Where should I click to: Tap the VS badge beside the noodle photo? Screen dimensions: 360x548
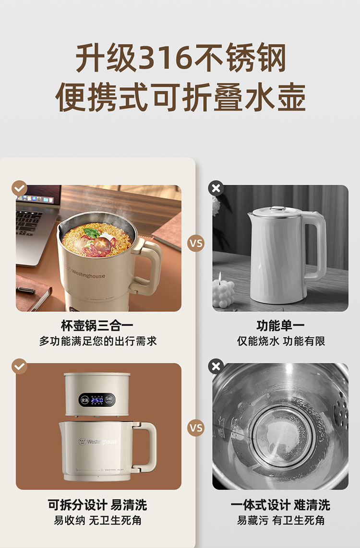pos(196,243)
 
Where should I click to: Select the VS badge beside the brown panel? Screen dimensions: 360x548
pos(196,428)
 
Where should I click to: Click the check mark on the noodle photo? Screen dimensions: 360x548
pos(19,189)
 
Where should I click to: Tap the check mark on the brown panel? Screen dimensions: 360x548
pos(19,366)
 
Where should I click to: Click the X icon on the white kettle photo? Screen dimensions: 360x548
pos(216,188)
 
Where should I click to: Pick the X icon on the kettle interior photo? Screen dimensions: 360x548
pos(216,366)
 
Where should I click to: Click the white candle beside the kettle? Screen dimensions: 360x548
pos(223,293)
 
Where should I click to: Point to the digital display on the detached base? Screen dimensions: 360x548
pos(97,400)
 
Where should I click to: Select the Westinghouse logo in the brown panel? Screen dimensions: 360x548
pos(98,442)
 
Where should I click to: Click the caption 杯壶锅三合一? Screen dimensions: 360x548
pos(97,326)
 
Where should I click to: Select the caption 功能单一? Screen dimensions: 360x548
pos(280,326)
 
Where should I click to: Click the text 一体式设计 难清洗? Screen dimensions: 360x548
pos(280,505)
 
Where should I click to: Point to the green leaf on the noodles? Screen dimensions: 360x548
pos(91,232)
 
